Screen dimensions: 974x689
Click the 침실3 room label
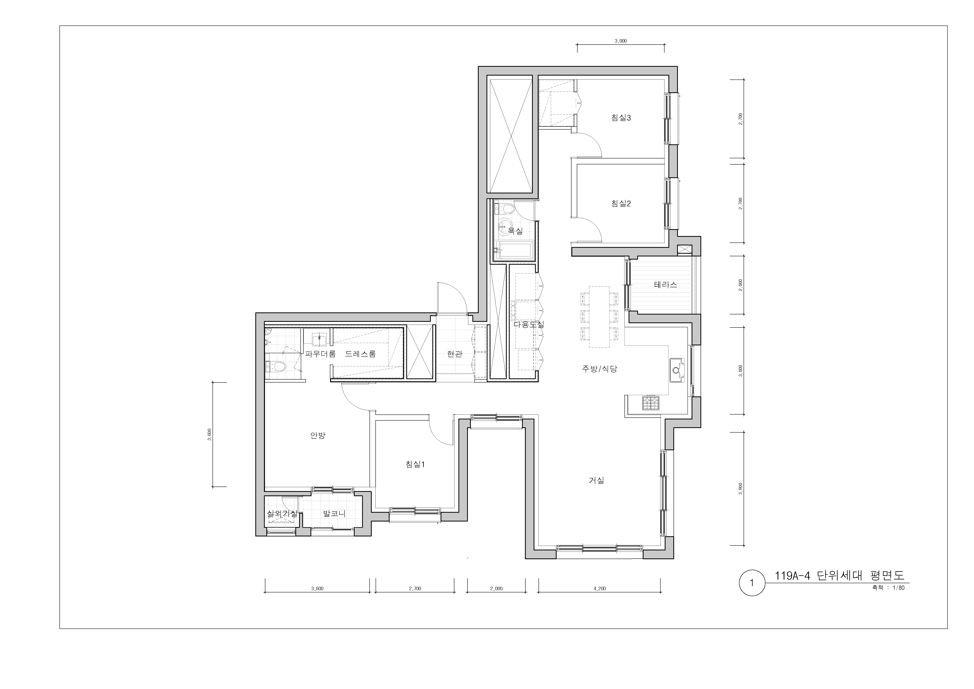click(621, 118)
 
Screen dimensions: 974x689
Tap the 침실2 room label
click(621, 204)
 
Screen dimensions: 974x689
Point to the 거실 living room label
click(596, 480)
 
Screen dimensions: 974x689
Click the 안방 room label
click(318, 436)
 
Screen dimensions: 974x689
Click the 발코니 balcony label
click(334, 514)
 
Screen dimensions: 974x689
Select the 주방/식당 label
click(599, 369)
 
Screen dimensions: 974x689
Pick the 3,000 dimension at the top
click(621, 41)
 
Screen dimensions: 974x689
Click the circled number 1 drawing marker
click(752, 583)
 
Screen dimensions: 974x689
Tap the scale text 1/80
click(898, 588)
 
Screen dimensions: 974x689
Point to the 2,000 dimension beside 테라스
click(741, 285)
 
